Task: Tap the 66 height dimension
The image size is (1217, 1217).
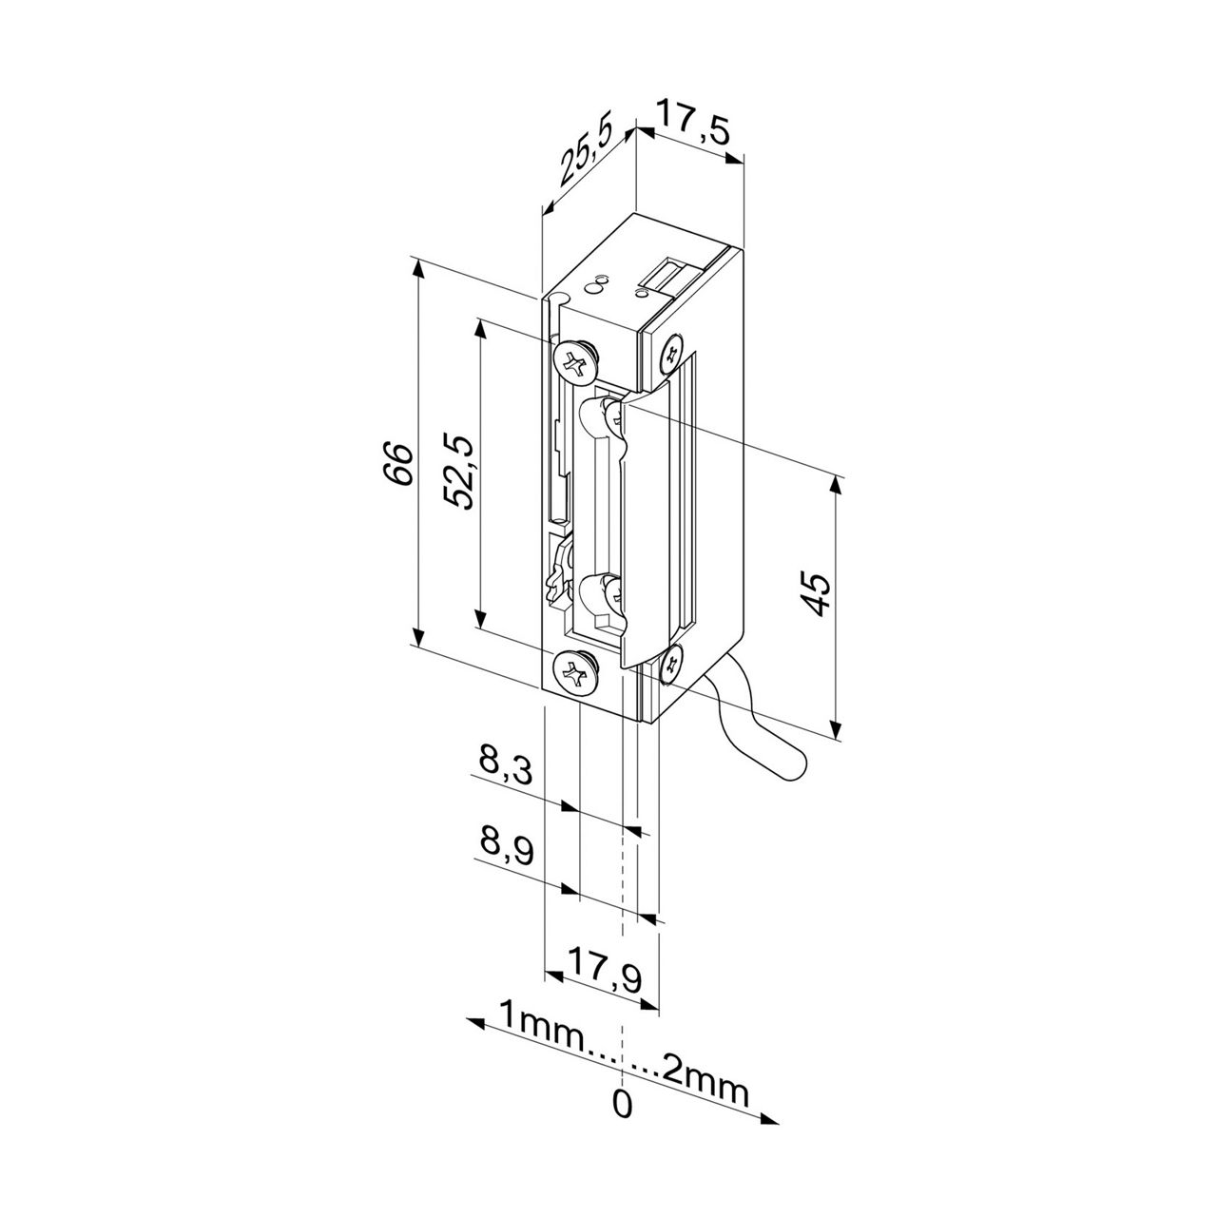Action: coord(400,463)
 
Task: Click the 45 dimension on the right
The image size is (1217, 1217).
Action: coord(817,595)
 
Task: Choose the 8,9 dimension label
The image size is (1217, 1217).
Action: coord(505,846)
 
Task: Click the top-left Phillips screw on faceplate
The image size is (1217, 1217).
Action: coord(575,360)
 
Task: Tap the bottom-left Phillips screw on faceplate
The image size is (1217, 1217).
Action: coord(575,673)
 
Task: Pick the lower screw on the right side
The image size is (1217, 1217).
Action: coord(671,662)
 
